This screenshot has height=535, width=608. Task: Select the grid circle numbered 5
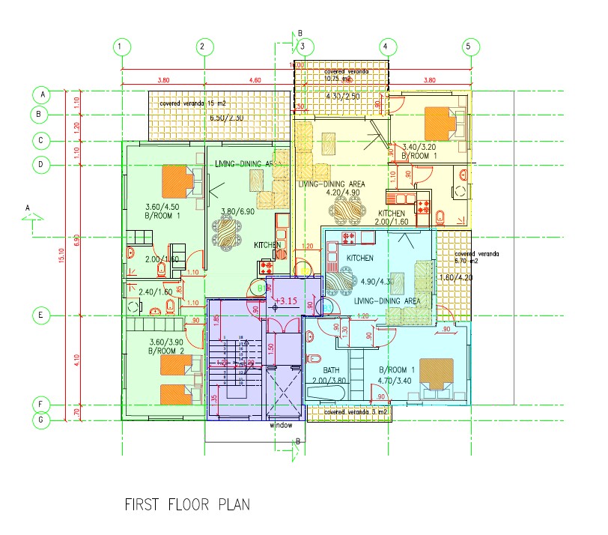pos(469,46)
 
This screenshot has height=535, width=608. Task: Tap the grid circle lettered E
pos(42,315)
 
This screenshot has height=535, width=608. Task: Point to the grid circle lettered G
pos(42,420)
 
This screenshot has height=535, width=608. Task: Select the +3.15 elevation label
pos(286,301)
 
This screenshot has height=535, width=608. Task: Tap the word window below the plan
pos(280,425)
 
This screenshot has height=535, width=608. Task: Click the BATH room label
pos(332,370)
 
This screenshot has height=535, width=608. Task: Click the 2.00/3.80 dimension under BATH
pos(332,381)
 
